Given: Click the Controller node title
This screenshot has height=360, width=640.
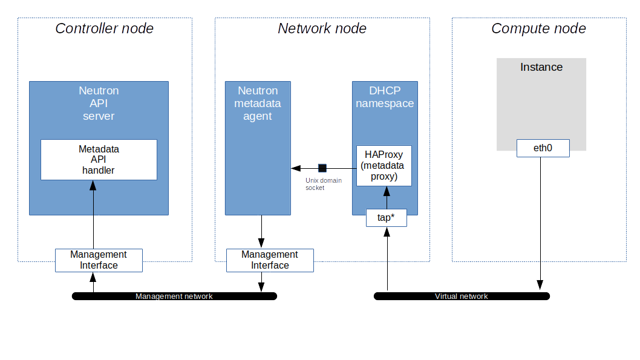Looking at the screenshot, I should [x=104, y=28].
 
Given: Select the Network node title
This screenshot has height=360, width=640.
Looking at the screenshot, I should [x=322, y=28].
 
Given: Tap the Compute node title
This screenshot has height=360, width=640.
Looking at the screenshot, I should [x=538, y=28].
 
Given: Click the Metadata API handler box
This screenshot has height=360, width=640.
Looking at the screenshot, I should [x=99, y=160].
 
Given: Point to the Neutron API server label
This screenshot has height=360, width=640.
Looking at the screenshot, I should [x=99, y=103].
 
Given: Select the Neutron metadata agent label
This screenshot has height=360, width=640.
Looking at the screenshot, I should [x=258, y=103].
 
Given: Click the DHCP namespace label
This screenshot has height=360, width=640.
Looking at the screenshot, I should [x=385, y=97].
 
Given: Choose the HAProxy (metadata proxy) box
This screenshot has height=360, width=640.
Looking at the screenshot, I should [x=384, y=165].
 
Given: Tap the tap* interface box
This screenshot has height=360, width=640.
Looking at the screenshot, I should [x=386, y=218].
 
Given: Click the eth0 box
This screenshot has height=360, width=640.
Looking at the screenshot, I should [x=543, y=148].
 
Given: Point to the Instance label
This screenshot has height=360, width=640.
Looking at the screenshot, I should [x=541, y=67].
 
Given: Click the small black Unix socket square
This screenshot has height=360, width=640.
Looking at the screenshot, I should [x=322, y=168].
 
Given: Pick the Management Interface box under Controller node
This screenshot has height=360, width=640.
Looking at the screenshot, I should [x=99, y=260].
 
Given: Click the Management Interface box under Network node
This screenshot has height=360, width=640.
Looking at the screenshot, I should [x=270, y=260].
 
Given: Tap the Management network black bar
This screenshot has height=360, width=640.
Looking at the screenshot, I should [x=174, y=296].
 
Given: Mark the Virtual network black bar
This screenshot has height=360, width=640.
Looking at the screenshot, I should [x=462, y=296].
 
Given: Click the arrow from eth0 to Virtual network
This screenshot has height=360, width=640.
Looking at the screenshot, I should [x=540, y=224].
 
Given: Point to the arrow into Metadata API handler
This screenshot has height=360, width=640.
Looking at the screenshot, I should [x=94, y=215].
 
